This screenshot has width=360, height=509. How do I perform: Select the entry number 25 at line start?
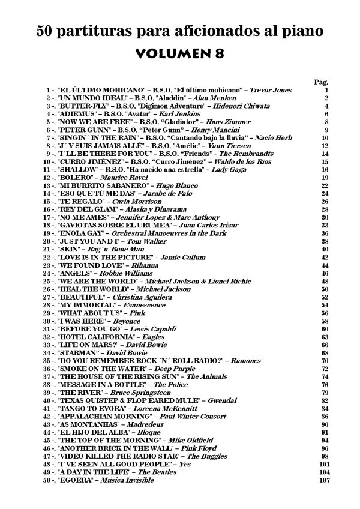point(49,281)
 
